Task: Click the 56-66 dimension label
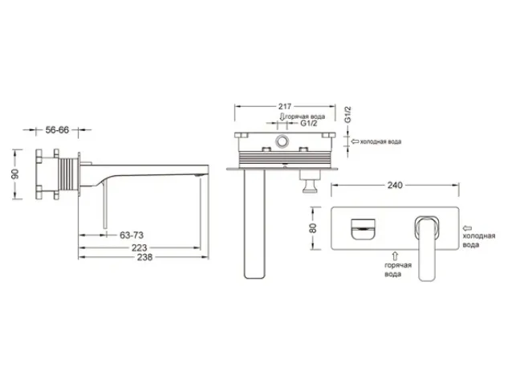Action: pyautogui.click(x=57, y=129)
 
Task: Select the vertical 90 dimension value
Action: pyautogui.click(x=15, y=174)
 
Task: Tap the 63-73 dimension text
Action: pyautogui.click(x=132, y=235)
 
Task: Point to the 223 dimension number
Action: pyautogui.click(x=140, y=247)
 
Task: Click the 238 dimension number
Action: pyautogui.click(x=144, y=257)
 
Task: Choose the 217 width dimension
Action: pyautogui.click(x=285, y=106)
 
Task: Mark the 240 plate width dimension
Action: pyautogui.click(x=395, y=185)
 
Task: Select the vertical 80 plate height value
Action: pyautogui.click(x=313, y=228)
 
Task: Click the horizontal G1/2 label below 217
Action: pyautogui.click(x=309, y=123)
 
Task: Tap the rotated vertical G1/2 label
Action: pyautogui.click(x=347, y=114)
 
